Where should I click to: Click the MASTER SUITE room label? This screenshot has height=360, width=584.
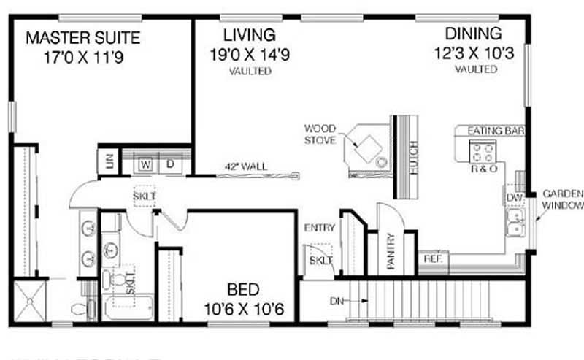pos(82,37)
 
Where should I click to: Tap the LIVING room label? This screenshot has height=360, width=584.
pos(250,34)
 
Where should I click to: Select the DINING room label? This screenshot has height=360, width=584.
pos(474,34)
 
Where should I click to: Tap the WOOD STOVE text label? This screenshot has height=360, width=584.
pos(320,134)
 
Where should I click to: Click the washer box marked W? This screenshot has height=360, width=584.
pos(145,164)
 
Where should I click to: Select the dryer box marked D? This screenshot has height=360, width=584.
pos(170,164)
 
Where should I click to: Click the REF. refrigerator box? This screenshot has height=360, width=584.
pos(431,258)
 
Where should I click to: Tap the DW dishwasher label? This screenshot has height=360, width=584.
pos(513,197)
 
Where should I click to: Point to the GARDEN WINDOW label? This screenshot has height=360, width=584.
pos(562,200)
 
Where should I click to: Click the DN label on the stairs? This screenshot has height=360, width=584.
pos(335,299)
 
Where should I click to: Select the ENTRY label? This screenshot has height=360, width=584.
pos(320,228)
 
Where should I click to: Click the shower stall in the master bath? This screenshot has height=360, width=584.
pos(31,300)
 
